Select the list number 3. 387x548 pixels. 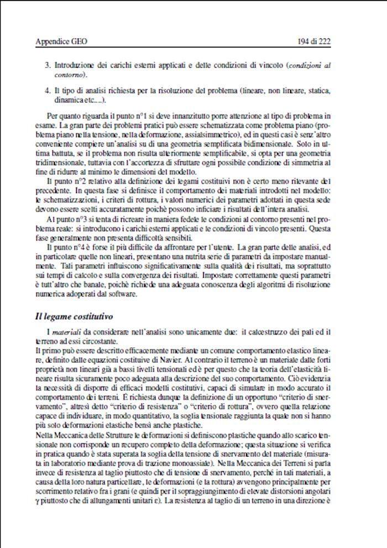pyautogui.click(x=47, y=65)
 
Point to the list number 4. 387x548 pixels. pyautogui.click(x=47, y=90)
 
